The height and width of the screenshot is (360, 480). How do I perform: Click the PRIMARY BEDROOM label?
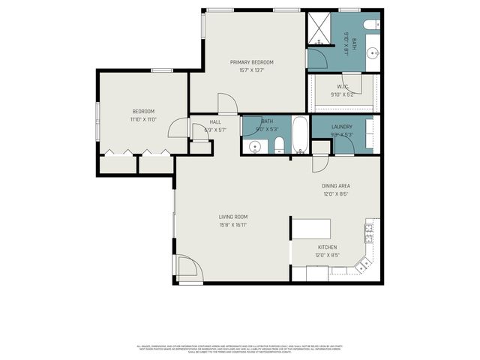(x=251, y=61)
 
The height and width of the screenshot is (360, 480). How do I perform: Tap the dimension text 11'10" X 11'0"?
(x=142, y=119)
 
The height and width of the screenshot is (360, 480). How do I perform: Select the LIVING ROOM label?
(x=233, y=217)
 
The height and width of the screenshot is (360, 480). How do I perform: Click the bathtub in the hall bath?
(x=298, y=135)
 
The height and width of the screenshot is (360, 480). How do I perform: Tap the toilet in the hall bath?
(x=277, y=145)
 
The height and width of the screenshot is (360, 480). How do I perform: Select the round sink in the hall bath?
(x=254, y=146)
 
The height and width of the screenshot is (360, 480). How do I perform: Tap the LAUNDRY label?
(x=342, y=127)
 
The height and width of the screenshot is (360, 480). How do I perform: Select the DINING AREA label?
(x=336, y=185)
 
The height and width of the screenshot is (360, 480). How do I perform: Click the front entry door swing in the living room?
(x=187, y=267)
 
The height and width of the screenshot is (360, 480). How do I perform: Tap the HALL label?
(x=215, y=121)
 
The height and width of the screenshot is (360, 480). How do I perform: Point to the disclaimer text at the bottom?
(x=240, y=349)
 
